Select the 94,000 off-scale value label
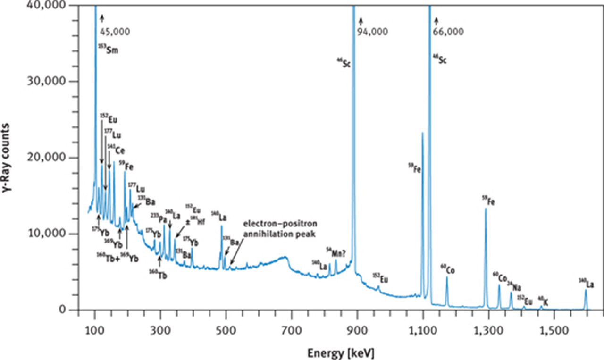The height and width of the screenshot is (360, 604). coord(373,32)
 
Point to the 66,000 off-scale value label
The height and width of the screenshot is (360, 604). coord(448,32)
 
